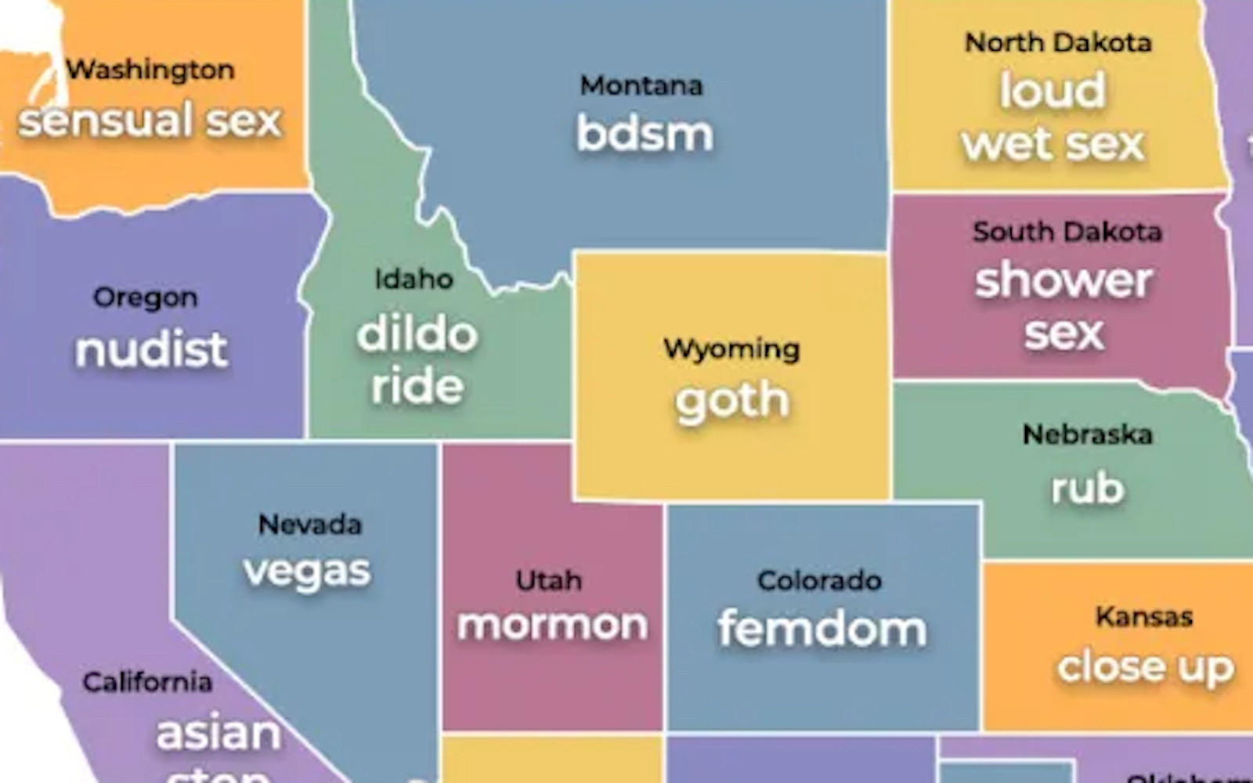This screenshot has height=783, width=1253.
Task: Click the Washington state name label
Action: coord(150,70)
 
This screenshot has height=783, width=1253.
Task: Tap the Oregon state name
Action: coord(146,298)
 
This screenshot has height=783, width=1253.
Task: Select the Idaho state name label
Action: coord(413,279)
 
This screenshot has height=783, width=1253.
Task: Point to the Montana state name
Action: coord(641,85)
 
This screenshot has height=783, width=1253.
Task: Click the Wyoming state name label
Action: coord(731,348)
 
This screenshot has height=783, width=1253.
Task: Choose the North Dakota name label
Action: coord(1058,42)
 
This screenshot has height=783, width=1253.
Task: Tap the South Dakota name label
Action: coord(1067,232)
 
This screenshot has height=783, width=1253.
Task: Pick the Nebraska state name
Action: coord(1087,434)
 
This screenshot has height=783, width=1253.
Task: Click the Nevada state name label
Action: coord(310,524)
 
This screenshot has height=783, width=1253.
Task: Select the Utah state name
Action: coord(549,580)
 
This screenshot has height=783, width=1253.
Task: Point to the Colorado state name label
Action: coord(819,580)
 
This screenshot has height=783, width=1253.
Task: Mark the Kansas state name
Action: coord(1143,617)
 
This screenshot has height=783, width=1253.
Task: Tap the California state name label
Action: coord(147,682)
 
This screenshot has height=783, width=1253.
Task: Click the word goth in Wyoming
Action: coord(732,402)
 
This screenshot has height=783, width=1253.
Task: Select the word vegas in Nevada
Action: coord(307,572)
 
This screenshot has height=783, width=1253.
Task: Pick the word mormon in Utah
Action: coord(553,625)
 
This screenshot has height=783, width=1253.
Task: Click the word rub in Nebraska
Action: coord(1088,488)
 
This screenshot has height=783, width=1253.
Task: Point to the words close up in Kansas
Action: coord(1145,668)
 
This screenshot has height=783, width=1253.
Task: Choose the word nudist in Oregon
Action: coord(151,349)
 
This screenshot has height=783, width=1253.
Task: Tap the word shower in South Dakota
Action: coord(1063,280)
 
